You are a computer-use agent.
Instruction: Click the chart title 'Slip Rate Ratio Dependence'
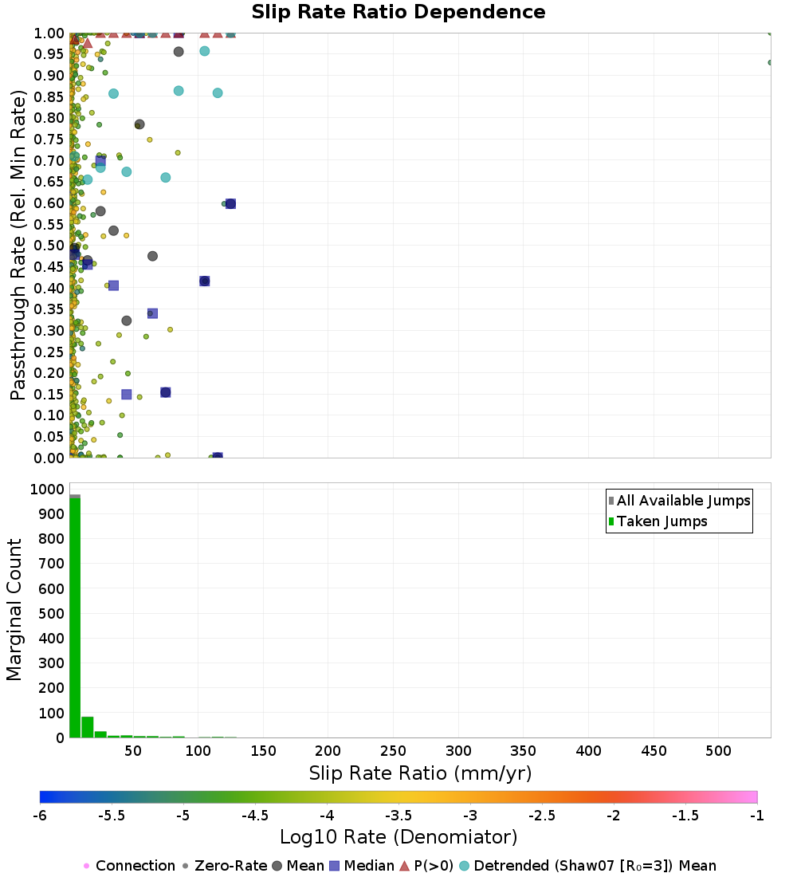[398, 13]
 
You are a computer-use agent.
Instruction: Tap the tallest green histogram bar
[75, 618]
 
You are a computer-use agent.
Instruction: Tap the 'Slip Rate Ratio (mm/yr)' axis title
[420, 773]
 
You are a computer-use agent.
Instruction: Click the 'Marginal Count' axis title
[15, 611]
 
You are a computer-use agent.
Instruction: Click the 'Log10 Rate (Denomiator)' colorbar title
[398, 837]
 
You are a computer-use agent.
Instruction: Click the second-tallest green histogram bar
[88, 727]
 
